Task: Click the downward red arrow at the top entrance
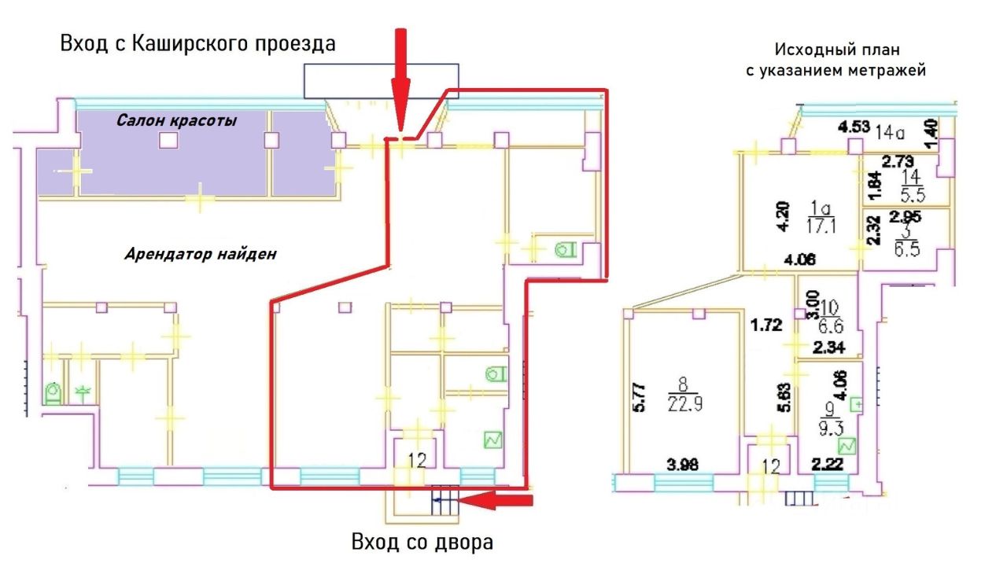[401, 79]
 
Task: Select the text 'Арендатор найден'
[201, 254]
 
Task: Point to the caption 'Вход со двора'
[423, 543]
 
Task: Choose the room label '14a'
[887, 131]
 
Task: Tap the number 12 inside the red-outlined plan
[417, 461]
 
